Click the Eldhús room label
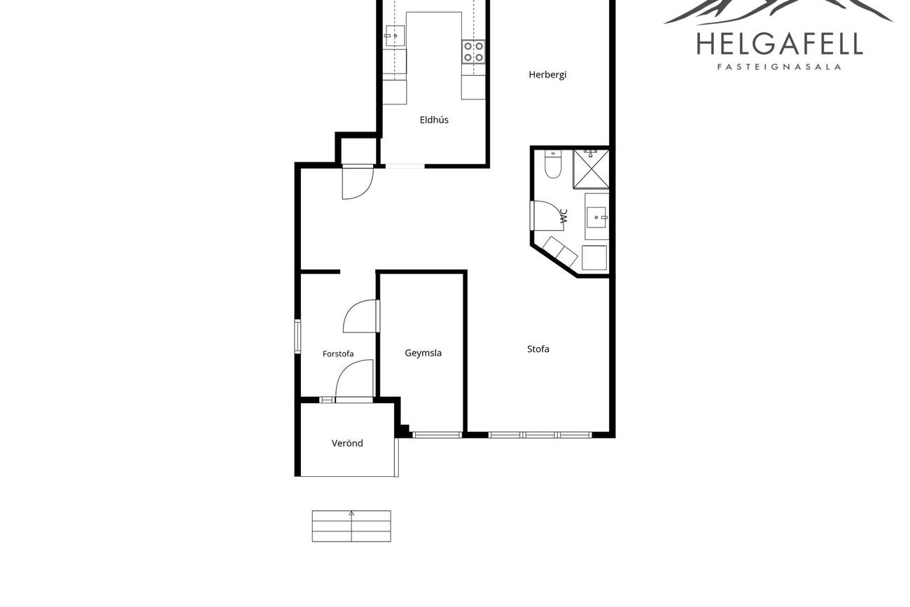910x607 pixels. [x=434, y=120]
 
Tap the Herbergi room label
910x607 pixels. [x=547, y=75]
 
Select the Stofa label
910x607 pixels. [x=538, y=349]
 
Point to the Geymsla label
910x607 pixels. [x=423, y=353]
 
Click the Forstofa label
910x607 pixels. [x=338, y=354]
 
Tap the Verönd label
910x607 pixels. [x=347, y=443]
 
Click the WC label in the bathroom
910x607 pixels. [x=563, y=216]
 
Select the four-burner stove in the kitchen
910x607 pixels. [x=473, y=52]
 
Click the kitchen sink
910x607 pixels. [x=395, y=36]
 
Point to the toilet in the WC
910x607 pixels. [x=553, y=164]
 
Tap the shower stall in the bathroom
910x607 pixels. [x=591, y=169]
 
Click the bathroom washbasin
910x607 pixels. [x=596, y=217]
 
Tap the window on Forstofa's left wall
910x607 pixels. [x=297, y=337]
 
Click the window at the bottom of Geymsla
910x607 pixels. [x=437, y=435]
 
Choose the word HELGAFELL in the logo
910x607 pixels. [x=780, y=44]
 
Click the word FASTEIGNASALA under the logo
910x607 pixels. [x=779, y=67]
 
